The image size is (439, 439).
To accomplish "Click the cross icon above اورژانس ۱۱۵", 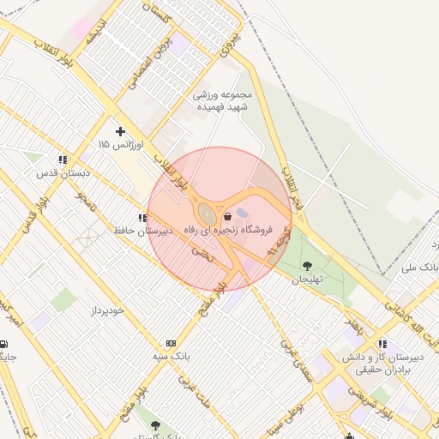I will point(120,131).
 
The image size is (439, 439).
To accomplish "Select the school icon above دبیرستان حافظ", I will point(141,219).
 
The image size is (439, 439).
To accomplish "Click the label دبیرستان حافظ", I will point(143,231).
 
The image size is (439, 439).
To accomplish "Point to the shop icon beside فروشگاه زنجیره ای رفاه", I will point(226,216).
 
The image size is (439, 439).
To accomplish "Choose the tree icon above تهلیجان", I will point(307,265).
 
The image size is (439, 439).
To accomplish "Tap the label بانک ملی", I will point(422,268).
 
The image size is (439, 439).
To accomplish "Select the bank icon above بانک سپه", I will point(171,343).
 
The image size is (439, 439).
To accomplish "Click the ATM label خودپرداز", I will point(125,310).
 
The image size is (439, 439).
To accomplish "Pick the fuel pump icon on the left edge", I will point(4,344).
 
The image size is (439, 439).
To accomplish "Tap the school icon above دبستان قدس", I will point(62,160).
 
